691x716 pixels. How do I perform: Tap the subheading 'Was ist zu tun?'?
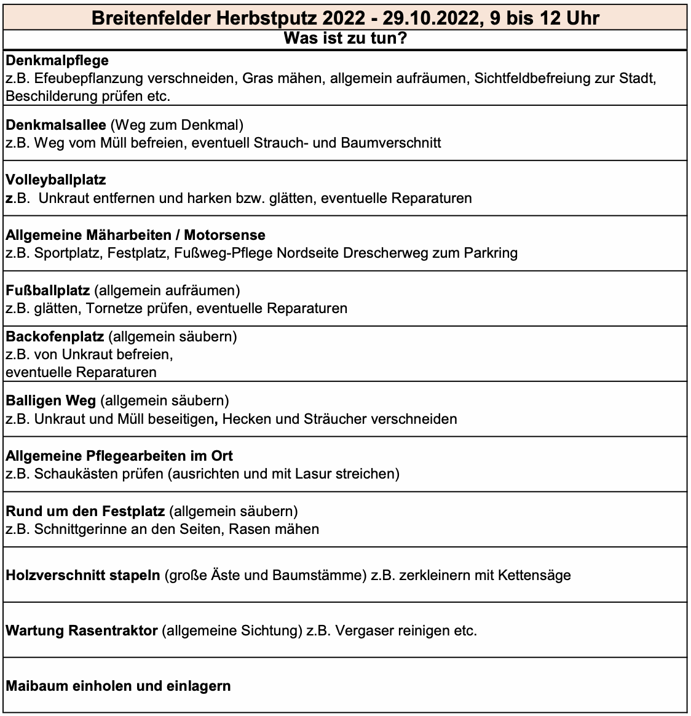point(345,39)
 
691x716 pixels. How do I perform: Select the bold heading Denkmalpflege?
point(57,60)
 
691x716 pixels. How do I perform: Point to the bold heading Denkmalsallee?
point(56,125)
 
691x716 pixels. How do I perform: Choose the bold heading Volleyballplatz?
point(56,180)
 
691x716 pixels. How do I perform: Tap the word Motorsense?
point(224,235)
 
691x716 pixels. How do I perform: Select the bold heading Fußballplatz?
point(48,290)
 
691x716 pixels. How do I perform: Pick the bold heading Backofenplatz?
point(55,336)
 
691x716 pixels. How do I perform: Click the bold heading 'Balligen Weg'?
point(51,400)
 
